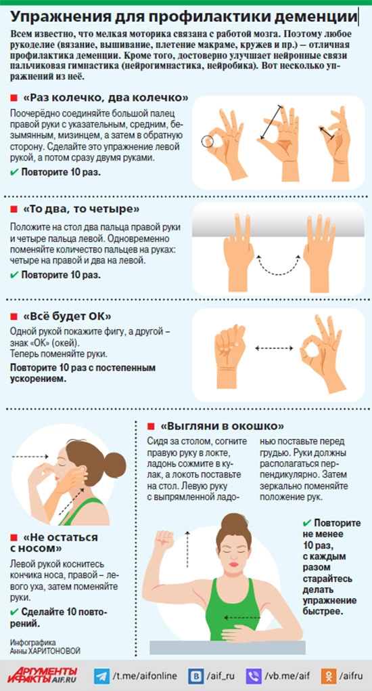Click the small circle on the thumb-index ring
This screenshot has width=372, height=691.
pos(208,142)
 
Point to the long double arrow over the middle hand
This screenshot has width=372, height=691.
pos(271,122)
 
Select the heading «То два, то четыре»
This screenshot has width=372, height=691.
pos(82,207)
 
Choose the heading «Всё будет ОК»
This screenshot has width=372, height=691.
pos(67,316)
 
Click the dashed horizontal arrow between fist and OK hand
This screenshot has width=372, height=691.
pos(274,348)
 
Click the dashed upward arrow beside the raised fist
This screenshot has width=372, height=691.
pos(188,549)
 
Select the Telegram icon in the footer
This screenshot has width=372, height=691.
pos(101,675)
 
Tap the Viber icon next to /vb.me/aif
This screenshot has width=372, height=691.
pos(254,675)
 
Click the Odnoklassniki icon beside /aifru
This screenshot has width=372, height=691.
pos(329,675)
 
